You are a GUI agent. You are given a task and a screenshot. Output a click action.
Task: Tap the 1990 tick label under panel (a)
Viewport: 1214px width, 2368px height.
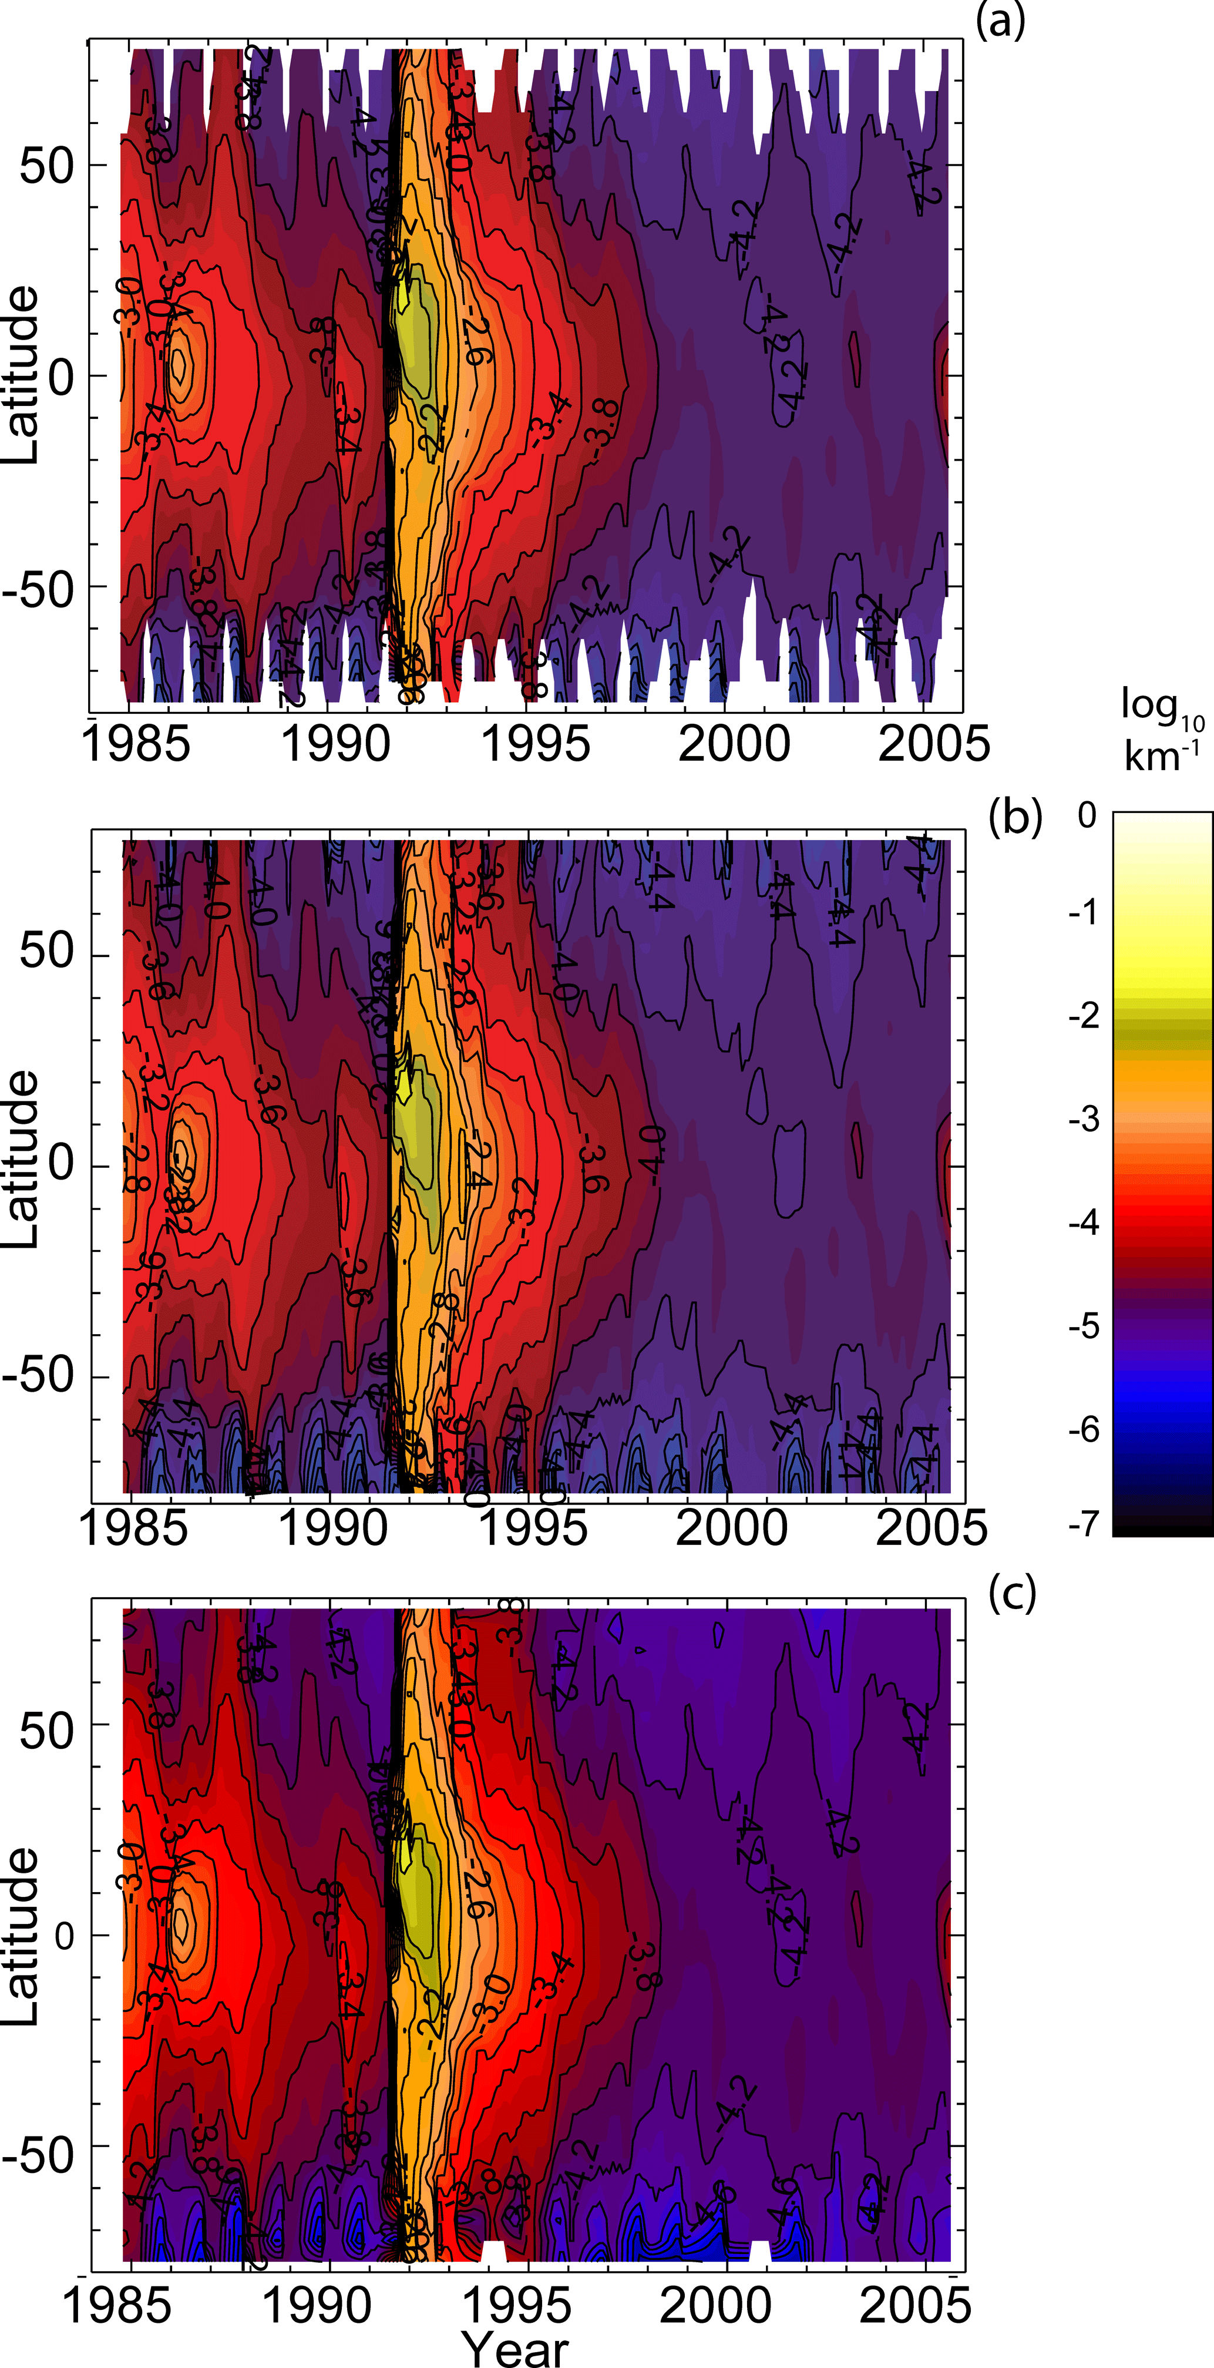[x=335, y=743]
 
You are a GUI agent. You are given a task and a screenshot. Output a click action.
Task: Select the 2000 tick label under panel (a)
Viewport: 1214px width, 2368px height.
[x=734, y=743]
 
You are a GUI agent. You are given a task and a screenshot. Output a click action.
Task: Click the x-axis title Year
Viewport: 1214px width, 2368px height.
[x=514, y=2348]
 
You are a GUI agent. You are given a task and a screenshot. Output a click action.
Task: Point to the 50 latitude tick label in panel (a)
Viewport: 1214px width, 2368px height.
[x=46, y=166]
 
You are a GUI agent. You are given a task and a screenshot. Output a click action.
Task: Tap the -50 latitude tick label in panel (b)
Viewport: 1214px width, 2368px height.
[x=37, y=1376]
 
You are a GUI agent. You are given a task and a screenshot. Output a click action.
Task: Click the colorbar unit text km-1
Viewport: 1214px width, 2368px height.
[x=1162, y=757]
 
